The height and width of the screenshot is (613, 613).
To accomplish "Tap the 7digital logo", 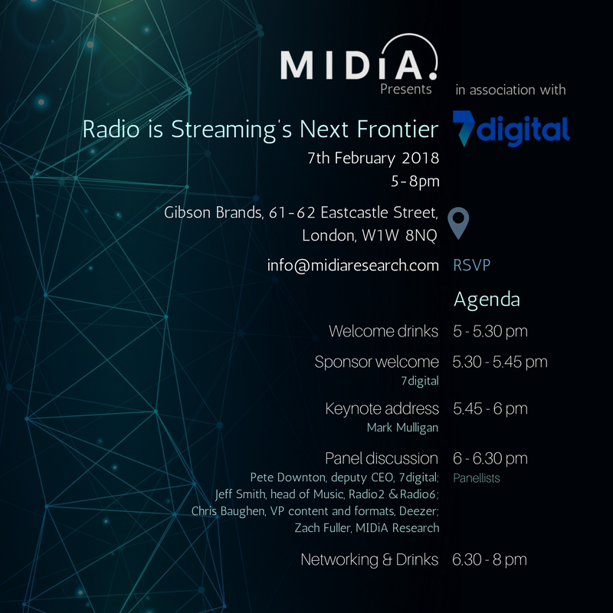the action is (x=511, y=129).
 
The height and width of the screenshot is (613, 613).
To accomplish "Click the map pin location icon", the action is (x=458, y=223).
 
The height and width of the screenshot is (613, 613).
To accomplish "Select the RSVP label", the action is (x=471, y=265).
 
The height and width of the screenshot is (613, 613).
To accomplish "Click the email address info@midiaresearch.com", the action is (x=353, y=265).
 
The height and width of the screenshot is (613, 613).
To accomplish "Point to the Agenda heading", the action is (x=487, y=300).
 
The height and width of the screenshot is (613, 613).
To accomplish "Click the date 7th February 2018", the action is (x=373, y=159).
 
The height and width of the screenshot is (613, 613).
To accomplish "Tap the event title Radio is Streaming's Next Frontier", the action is (x=261, y=129).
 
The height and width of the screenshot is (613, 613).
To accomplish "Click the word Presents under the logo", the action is (x=406, y=90).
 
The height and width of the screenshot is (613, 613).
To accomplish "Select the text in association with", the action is (x=510, y=90).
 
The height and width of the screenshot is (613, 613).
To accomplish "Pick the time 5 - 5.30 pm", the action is (x=490, y=332).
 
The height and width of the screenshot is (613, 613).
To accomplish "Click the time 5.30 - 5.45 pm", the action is (x=500, y=362).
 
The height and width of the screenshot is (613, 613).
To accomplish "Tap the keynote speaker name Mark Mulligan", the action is (x=403, y=428).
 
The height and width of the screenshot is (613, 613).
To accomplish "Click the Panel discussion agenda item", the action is (x=382, y=458).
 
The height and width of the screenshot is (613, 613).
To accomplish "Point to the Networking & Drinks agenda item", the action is (x=369, y=560).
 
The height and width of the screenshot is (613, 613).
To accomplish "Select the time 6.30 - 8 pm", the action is (x=490, y=560).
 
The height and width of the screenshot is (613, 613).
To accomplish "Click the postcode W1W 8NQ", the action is (x=399, y=235).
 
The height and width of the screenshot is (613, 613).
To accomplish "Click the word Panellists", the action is (x=477, y=478).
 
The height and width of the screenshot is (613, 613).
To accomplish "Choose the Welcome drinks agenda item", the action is (x=384, y=332).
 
